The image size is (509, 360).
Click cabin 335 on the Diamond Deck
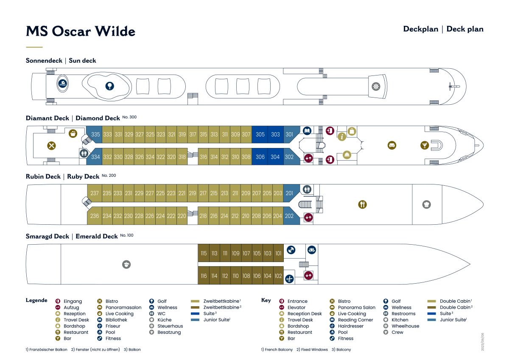(x=95, y=134)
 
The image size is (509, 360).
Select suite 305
(x=260, y=134)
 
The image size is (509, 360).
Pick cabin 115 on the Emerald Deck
(x=204, y=253)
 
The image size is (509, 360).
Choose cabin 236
(x=94, y=216)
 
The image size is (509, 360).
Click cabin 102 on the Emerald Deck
(x=278, y=276)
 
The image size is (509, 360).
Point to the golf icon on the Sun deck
(x=109, y=86)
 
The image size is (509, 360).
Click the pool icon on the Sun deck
(x=62, y=84)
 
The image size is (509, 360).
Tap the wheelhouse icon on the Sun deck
(x=376, y=87)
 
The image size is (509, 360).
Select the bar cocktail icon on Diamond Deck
(x=425, y=145)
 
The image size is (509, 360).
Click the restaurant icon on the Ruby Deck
(x=362, y=204)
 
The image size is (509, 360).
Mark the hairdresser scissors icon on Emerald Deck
(x=289, y=279)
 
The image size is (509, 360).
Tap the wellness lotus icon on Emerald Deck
(x=311, y=250)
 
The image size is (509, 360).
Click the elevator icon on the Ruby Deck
(x=308, y=218)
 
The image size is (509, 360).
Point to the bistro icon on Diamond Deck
(x=52, y=145)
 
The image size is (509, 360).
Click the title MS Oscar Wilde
(x=81, y=31)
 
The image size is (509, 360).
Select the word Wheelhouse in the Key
(x=405, y=326)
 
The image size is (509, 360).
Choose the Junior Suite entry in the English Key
(x=453, y=320)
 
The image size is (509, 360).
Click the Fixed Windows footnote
(x=312, y=349)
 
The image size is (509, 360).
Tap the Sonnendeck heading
(x=44, y=60)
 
